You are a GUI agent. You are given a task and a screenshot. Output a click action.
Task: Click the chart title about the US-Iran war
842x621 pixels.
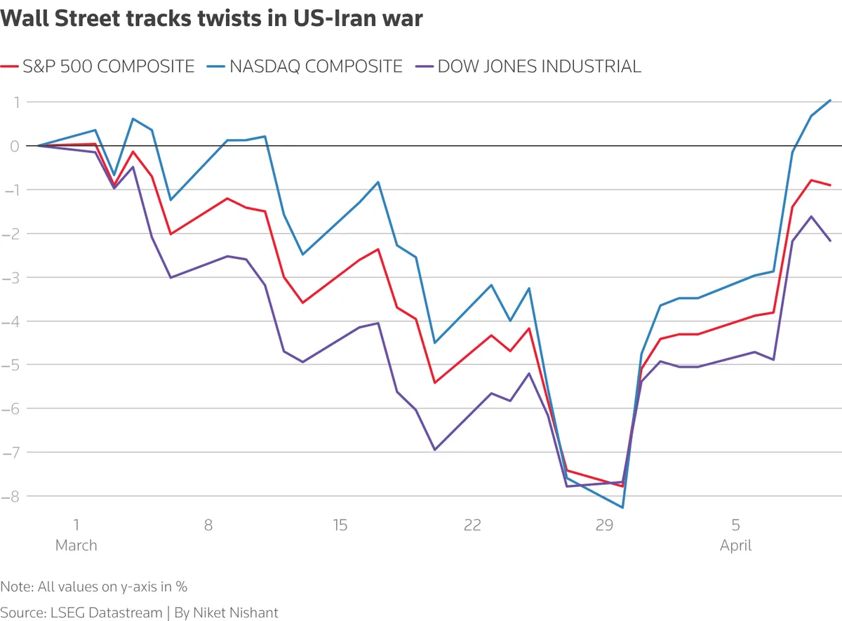[x=212, y=19]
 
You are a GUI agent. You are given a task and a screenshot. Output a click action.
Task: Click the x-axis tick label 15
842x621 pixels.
[x=340, y=525]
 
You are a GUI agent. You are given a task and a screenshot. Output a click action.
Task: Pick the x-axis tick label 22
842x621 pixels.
[x=472, y=525]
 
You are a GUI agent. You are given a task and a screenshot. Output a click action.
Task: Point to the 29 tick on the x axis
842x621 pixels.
[x=604, y=525]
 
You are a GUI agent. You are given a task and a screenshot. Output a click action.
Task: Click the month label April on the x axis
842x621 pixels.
[x=735, y=545]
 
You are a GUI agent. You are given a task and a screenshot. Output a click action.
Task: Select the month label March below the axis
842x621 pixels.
[x=76, y=545]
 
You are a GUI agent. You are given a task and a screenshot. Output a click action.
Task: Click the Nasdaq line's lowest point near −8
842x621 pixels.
[x=622, y=507]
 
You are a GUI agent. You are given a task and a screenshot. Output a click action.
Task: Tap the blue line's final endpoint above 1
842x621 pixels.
[x=831, y=100]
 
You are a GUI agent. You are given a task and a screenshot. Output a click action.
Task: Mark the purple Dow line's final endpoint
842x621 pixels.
[x=831, y=241]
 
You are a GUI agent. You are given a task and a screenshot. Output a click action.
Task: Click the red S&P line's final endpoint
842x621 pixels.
[x=831, y=185]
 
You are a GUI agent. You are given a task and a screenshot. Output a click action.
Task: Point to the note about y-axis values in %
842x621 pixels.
[x=94, y=587]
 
